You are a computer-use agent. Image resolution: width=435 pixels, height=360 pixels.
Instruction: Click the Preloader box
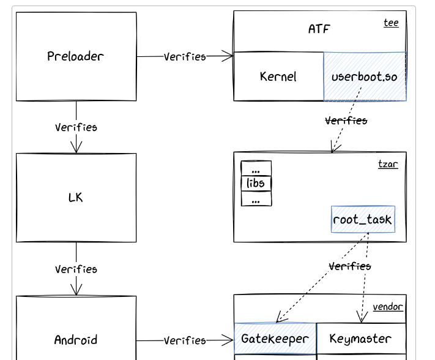(x=76, y=56)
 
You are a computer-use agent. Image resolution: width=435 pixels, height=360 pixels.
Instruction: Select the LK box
(x=76, y=197)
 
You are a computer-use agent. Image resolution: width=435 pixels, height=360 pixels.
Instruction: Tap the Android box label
(x=76, y=340)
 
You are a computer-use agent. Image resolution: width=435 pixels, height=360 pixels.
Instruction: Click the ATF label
(x=319, y=29)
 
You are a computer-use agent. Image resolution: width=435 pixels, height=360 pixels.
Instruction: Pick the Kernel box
(x=278, y=77)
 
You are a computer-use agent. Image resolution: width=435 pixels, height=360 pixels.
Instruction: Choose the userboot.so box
(x=365, y=77)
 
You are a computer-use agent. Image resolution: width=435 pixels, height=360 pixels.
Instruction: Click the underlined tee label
(x=391, y=23)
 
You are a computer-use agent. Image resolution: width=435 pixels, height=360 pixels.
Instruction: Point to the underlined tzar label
(x=388, y=164)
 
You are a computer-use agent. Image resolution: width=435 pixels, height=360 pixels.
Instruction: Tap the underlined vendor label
(x=388, y=306)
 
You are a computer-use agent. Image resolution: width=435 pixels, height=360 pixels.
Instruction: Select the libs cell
(x=256, y=183)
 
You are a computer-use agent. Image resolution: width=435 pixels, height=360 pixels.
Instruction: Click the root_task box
(x=363, y=219)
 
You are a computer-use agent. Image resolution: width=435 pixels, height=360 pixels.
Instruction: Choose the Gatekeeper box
(x=275, y=339)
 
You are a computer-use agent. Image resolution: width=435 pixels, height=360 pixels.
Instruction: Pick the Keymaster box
(x=360, y=339)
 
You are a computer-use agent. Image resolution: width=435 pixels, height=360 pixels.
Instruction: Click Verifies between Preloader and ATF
(x=185, y=56)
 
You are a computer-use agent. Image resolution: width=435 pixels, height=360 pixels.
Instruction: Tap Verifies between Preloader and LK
(x=76, y=127)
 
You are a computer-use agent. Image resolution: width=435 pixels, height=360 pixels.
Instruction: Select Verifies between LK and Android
(x=76, y=269)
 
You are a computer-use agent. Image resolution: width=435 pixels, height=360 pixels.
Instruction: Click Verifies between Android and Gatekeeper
(x=185, y=340)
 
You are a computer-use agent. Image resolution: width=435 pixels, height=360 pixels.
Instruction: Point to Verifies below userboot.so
(x=346, y=121)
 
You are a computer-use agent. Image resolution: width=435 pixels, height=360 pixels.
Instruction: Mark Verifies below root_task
(x=350, y=266)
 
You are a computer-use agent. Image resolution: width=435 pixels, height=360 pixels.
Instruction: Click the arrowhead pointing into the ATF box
(x=229, y=56)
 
